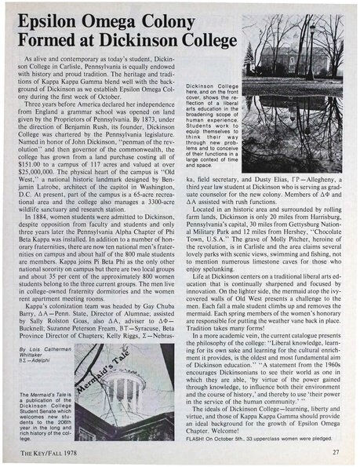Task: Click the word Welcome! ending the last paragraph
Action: coord(242,427)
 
